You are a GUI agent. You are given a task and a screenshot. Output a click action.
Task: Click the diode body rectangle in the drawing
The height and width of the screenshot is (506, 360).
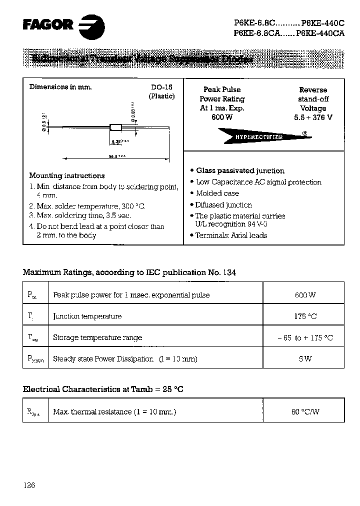tap(116, 127)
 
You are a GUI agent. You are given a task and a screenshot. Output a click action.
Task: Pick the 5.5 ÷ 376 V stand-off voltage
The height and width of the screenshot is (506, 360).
tap(313, 117)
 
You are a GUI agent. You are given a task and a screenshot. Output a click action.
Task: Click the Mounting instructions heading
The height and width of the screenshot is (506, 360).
tap(66, 175)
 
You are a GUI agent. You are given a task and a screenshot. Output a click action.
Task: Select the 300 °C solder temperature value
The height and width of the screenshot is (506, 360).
tap(133, 206)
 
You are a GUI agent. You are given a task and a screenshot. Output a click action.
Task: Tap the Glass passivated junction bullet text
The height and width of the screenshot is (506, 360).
tap(240, 171)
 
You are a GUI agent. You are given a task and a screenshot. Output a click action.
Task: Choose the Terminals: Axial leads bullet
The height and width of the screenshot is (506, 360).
tap(231, 235)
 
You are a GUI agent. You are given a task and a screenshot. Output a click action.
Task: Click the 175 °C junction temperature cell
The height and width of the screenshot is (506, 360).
tap(304, 316)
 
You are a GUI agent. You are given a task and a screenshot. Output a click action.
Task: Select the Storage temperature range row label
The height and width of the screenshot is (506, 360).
tap(97, 337)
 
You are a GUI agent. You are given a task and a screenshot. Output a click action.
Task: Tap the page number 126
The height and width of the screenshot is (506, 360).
tap(29, 485)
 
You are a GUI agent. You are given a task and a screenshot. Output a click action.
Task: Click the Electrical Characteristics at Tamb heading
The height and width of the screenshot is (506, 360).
tap(103, 388)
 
